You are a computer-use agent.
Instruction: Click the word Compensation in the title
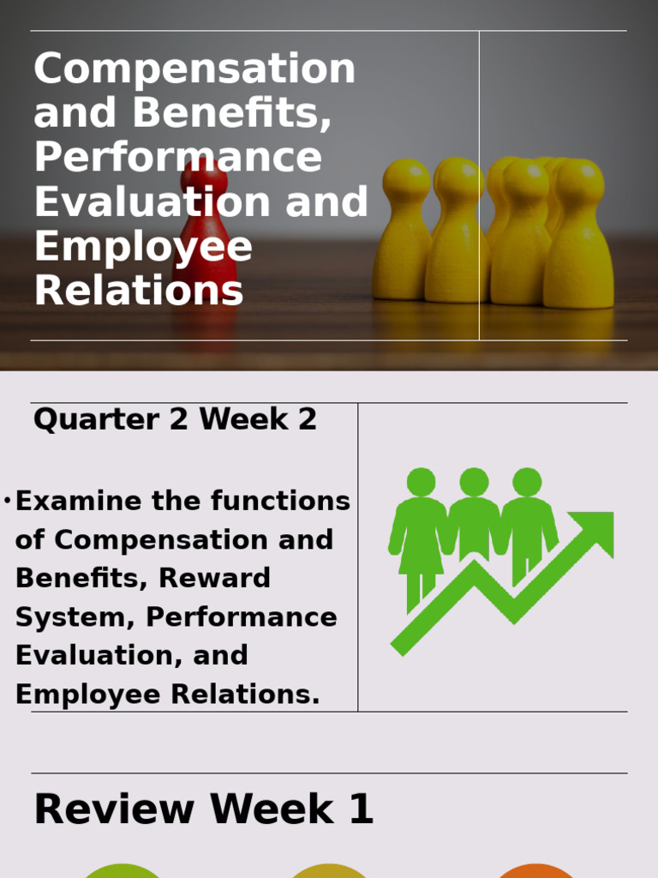coord(194,69)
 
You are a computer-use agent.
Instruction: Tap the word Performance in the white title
coord(177,158)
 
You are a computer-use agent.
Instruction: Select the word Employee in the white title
coord(143,247)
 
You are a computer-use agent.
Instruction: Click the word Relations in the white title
coord(139,292)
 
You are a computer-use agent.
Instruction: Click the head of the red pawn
coord(204,177)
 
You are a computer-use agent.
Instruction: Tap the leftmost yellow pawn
coord(403,232)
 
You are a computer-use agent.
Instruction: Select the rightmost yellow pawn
coord(578,236)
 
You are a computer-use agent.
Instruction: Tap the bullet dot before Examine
coord(7,501)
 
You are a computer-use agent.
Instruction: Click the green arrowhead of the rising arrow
coord(597,528)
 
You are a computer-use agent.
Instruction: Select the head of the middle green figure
coord(474,482)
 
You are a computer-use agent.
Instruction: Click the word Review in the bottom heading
coord(114,809)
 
